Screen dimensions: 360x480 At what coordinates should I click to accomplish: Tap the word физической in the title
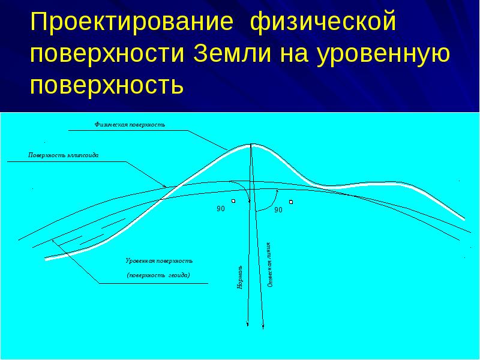click(x=324, y=25)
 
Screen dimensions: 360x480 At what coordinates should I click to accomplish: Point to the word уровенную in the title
click(x=381, y=55)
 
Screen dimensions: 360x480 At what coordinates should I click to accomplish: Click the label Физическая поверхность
click(x=129, y=125)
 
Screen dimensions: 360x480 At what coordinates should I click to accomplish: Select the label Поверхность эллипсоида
click(x=63, y=155)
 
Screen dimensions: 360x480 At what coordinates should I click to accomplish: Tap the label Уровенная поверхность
click(x=159, y=261)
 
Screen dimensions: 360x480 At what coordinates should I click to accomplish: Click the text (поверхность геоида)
click(x=158, y=275)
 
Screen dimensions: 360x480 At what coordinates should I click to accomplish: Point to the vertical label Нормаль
click(x=240, y=277)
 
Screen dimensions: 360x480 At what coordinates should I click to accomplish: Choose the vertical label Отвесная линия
click(x=270, y=265)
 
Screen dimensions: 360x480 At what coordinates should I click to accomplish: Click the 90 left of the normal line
click(x=220, y=209)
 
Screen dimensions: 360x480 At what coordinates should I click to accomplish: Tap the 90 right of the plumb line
click(x=278, y=210)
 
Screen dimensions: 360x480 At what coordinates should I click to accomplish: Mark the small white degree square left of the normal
click(x=233, y=201)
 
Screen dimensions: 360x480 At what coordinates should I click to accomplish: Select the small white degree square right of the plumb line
click(x=290, y=202)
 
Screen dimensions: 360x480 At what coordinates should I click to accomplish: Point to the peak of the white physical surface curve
click(x=252, y=145)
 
